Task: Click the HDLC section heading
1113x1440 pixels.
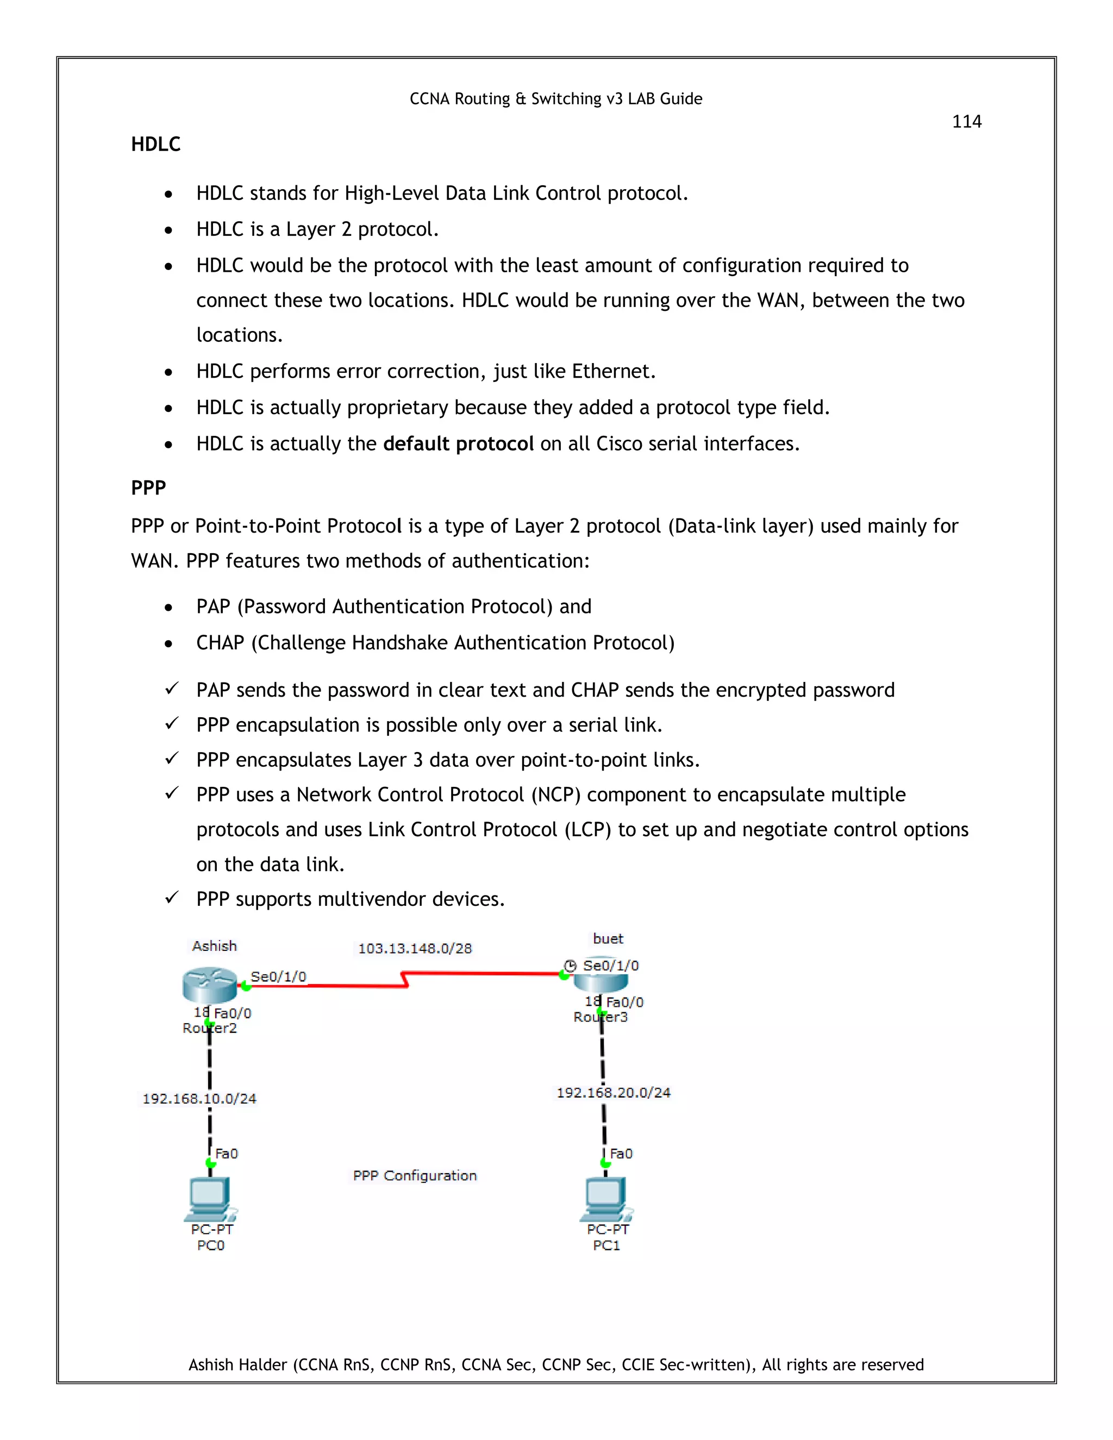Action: pyautogui.click(x=155, y=145)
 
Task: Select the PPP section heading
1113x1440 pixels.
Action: pyautogui.click(x=148, y=488)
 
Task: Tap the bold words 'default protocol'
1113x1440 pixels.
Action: pyautogui.click(x=458, y=444)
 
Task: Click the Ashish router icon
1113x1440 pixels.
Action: pyautogui.click(x=210, y=985)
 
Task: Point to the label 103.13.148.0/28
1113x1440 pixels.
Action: pyautogui.click(x=415, y=948)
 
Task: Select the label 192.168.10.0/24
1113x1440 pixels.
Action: pyautogui.click(x=199, y=1098)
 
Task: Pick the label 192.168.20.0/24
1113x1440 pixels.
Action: pyautogui.click(x=613, y=1093)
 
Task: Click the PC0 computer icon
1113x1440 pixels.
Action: pyautogui.click(x=210, y=1199)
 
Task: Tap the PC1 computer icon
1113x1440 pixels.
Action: pyautogui.click(x=605, y=1199)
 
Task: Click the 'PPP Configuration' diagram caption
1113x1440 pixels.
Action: pyautogui.click(x=415, y=1175)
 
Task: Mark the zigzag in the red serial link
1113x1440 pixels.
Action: pyautogui.click(x=405, y=979)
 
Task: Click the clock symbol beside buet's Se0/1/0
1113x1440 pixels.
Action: pyautogui.click(x=570, y=966)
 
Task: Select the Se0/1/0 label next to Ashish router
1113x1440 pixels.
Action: pyautogui.click(x=278, y=976)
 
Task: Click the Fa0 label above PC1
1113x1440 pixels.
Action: pyautogui.click(x=621, y=1154)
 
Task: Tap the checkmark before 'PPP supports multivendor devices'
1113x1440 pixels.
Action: pyautogui.click(x=171, y=898)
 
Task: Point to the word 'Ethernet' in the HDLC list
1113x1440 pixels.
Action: pyautogui.click(x=611, y=371)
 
